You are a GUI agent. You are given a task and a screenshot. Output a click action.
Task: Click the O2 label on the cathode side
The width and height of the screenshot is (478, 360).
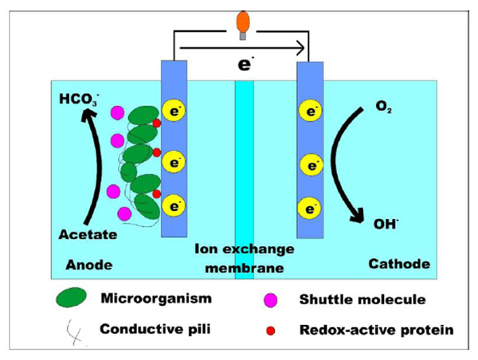click(x=385, y=104)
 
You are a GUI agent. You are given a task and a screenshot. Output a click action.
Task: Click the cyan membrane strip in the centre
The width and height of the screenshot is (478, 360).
click(x=244, y=159)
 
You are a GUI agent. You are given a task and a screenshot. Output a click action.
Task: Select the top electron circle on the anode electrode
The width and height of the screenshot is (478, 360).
click(x=173, y=109)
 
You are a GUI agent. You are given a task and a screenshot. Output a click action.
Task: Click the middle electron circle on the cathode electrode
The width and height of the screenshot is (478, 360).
click(x=308, y=166)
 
